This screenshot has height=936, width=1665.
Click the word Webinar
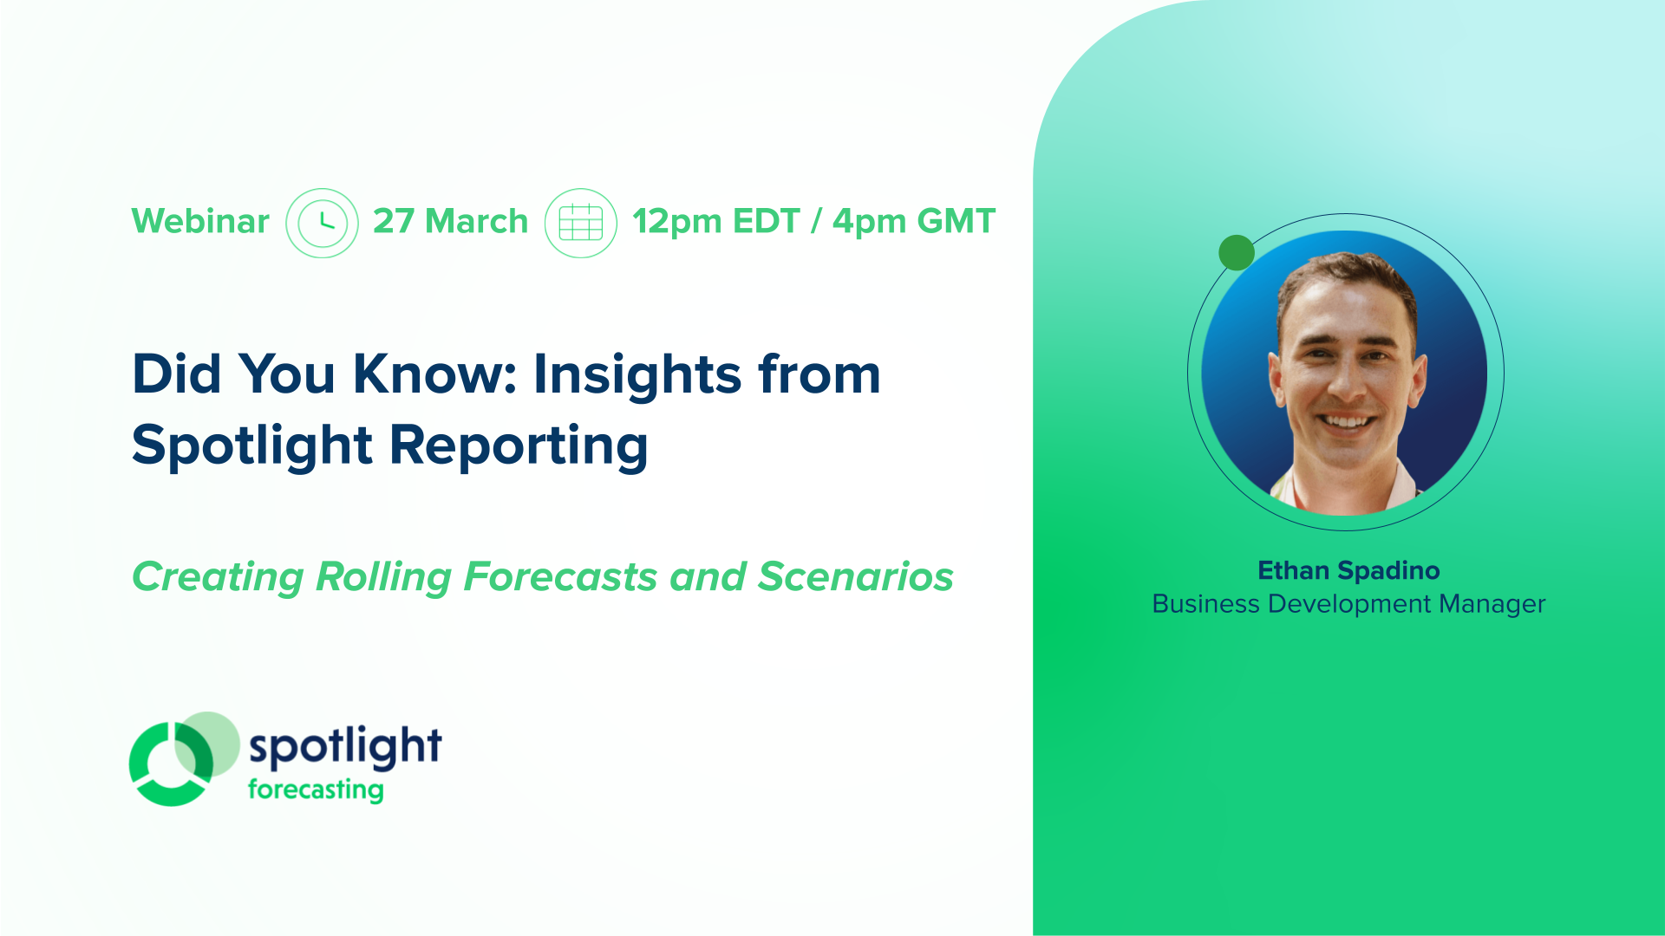point(200,222)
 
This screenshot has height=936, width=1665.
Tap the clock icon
point(322,223)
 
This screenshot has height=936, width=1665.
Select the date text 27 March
point(450,222)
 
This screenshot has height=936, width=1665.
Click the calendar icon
point(580,223)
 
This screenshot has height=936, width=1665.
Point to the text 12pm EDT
point(715,222)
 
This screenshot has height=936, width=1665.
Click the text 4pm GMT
point(913,222)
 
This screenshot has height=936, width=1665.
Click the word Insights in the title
point(637,374)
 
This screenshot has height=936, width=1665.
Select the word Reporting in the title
point(519,445)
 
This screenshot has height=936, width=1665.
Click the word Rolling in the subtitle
point(383,577)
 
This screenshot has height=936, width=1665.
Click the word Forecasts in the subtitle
point(560,577)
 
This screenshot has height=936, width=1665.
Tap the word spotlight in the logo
point(345,745)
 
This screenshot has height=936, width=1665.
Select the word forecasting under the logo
point(316,790)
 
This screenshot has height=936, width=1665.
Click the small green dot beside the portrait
point(1236,252)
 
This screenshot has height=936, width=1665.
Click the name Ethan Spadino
point(1348,570)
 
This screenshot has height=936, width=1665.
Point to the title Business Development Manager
point(1348,604)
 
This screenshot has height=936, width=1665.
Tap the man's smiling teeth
point(1346,423)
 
